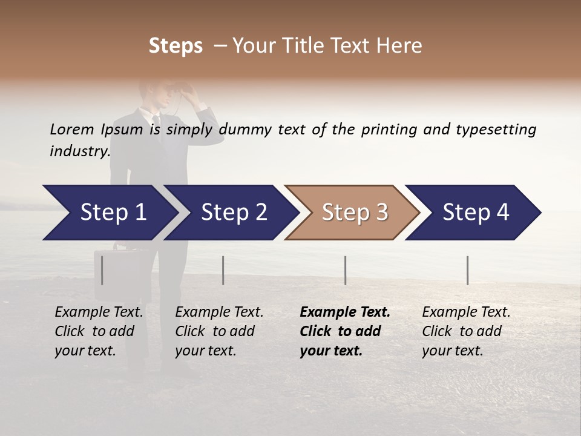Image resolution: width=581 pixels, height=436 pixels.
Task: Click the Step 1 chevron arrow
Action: [109, 213]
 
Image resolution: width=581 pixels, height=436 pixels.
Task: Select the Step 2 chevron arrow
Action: [233, 213]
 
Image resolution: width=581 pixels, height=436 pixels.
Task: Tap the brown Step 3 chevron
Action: [354, 213]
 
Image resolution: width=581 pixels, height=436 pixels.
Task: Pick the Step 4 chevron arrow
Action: [475, 213]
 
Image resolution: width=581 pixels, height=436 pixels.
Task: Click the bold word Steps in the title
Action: [176, 46]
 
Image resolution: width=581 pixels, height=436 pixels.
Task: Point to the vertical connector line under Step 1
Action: [102, 270]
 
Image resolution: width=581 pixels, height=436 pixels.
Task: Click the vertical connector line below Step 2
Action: [223, 270]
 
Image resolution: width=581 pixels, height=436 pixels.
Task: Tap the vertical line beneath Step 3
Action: [346, 270]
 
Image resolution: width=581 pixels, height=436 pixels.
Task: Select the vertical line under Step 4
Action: [467, 270]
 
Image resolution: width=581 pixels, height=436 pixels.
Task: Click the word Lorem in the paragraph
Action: [71, 130]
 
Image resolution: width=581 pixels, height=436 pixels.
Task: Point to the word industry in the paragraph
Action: [79, 151]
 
